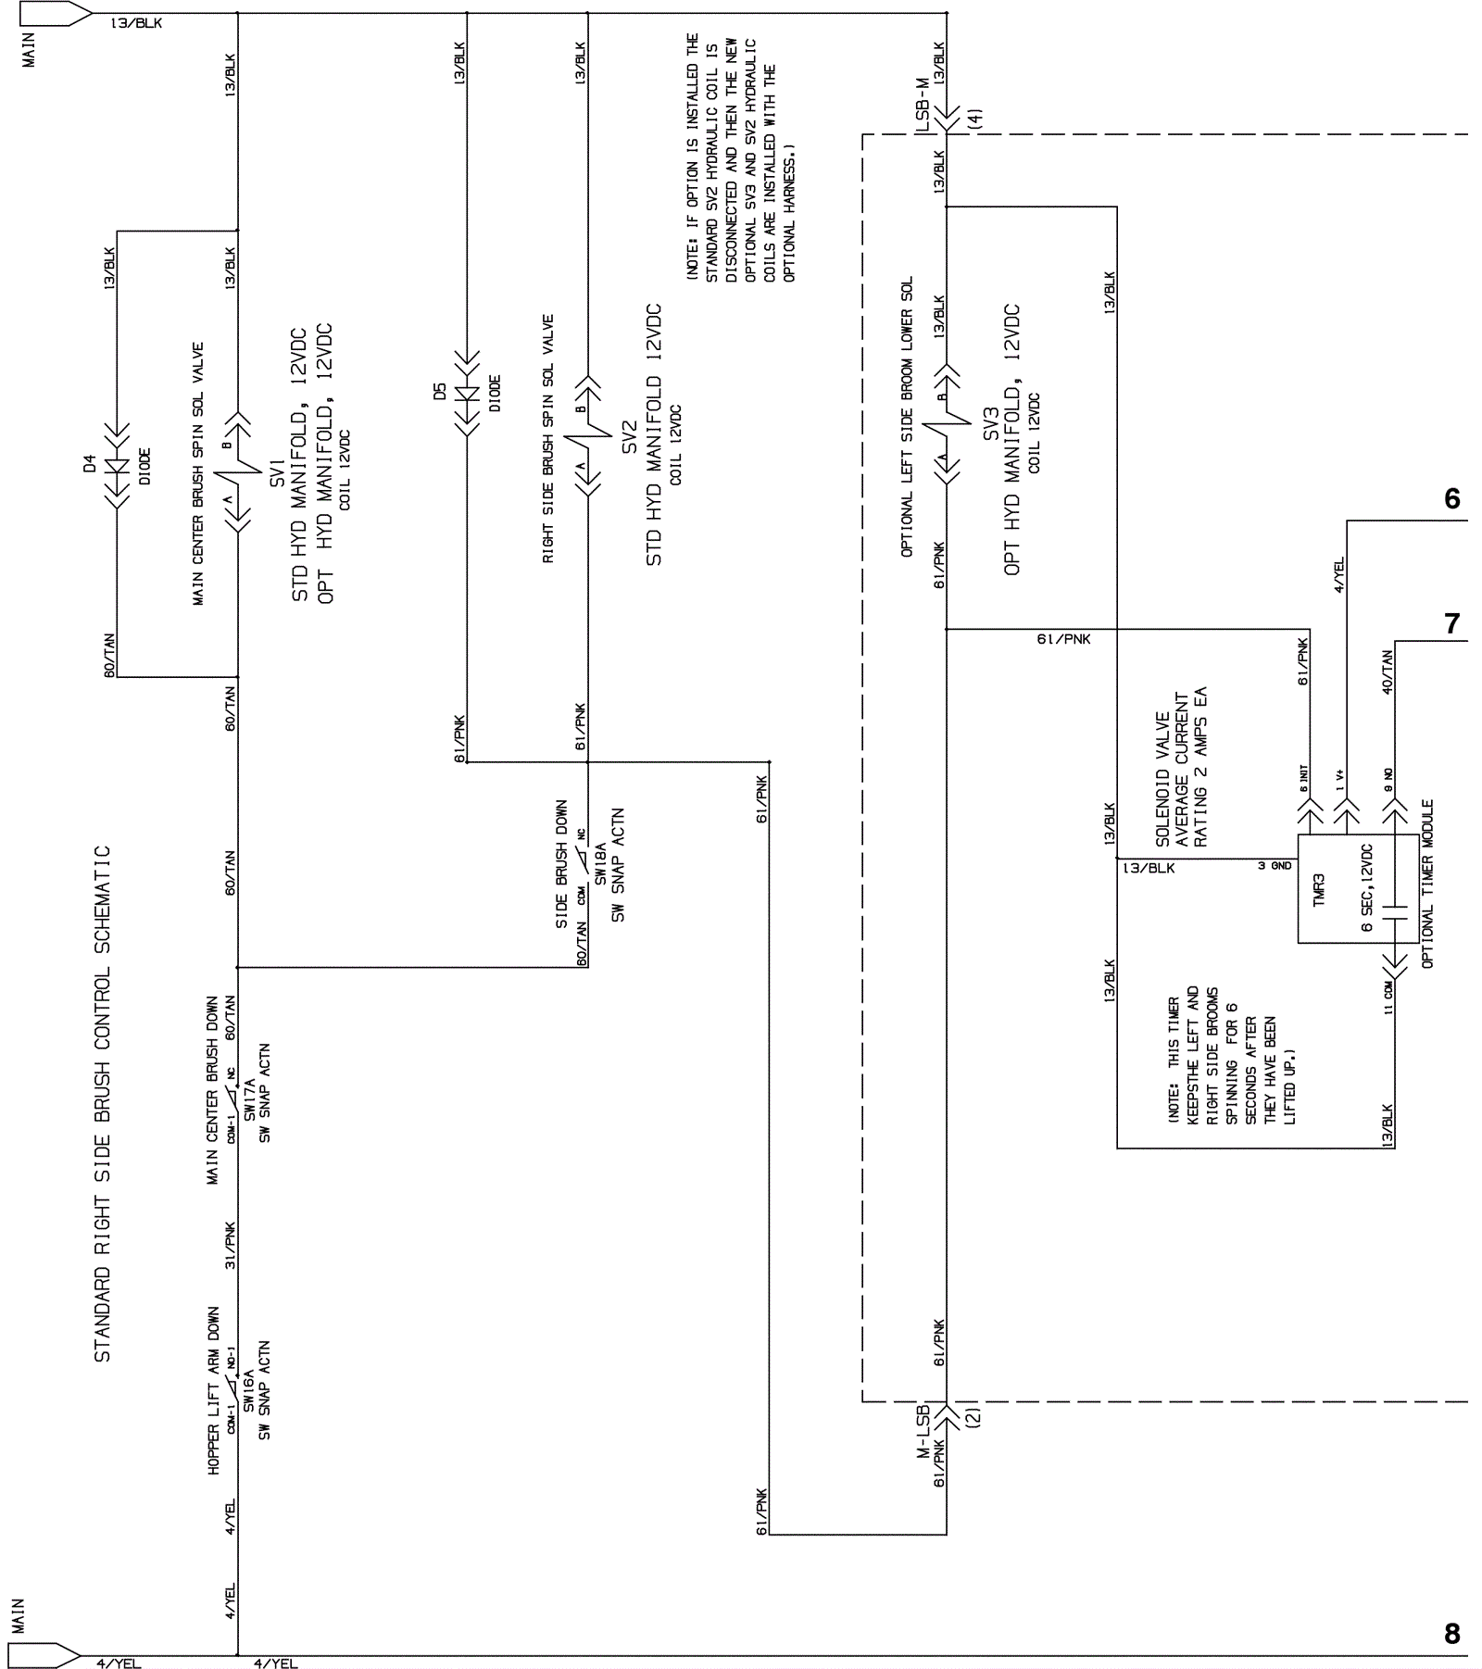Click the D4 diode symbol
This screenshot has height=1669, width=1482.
point(118,466)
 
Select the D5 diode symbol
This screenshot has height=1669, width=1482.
point(467,394)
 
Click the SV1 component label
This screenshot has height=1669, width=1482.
point(277,468)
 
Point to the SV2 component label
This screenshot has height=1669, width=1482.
point(629,437)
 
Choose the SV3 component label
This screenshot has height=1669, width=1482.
point(992,423)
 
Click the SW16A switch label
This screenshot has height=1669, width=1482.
point(248,1391)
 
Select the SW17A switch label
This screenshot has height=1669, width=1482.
point(248,1099)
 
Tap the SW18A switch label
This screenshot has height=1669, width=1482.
point(600,863)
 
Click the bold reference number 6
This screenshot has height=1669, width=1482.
point(1451,499)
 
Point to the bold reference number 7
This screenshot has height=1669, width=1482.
point(1452,624)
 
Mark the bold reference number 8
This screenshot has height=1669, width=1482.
point(1451,1634)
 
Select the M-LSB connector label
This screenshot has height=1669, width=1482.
point(923,1431)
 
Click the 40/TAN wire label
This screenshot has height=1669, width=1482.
point(1387,671)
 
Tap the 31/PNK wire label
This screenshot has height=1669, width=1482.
point(230,1246)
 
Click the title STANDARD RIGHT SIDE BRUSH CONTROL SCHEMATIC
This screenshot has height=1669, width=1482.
point(102,1104)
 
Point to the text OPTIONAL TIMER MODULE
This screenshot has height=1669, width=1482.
point(1427,885)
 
